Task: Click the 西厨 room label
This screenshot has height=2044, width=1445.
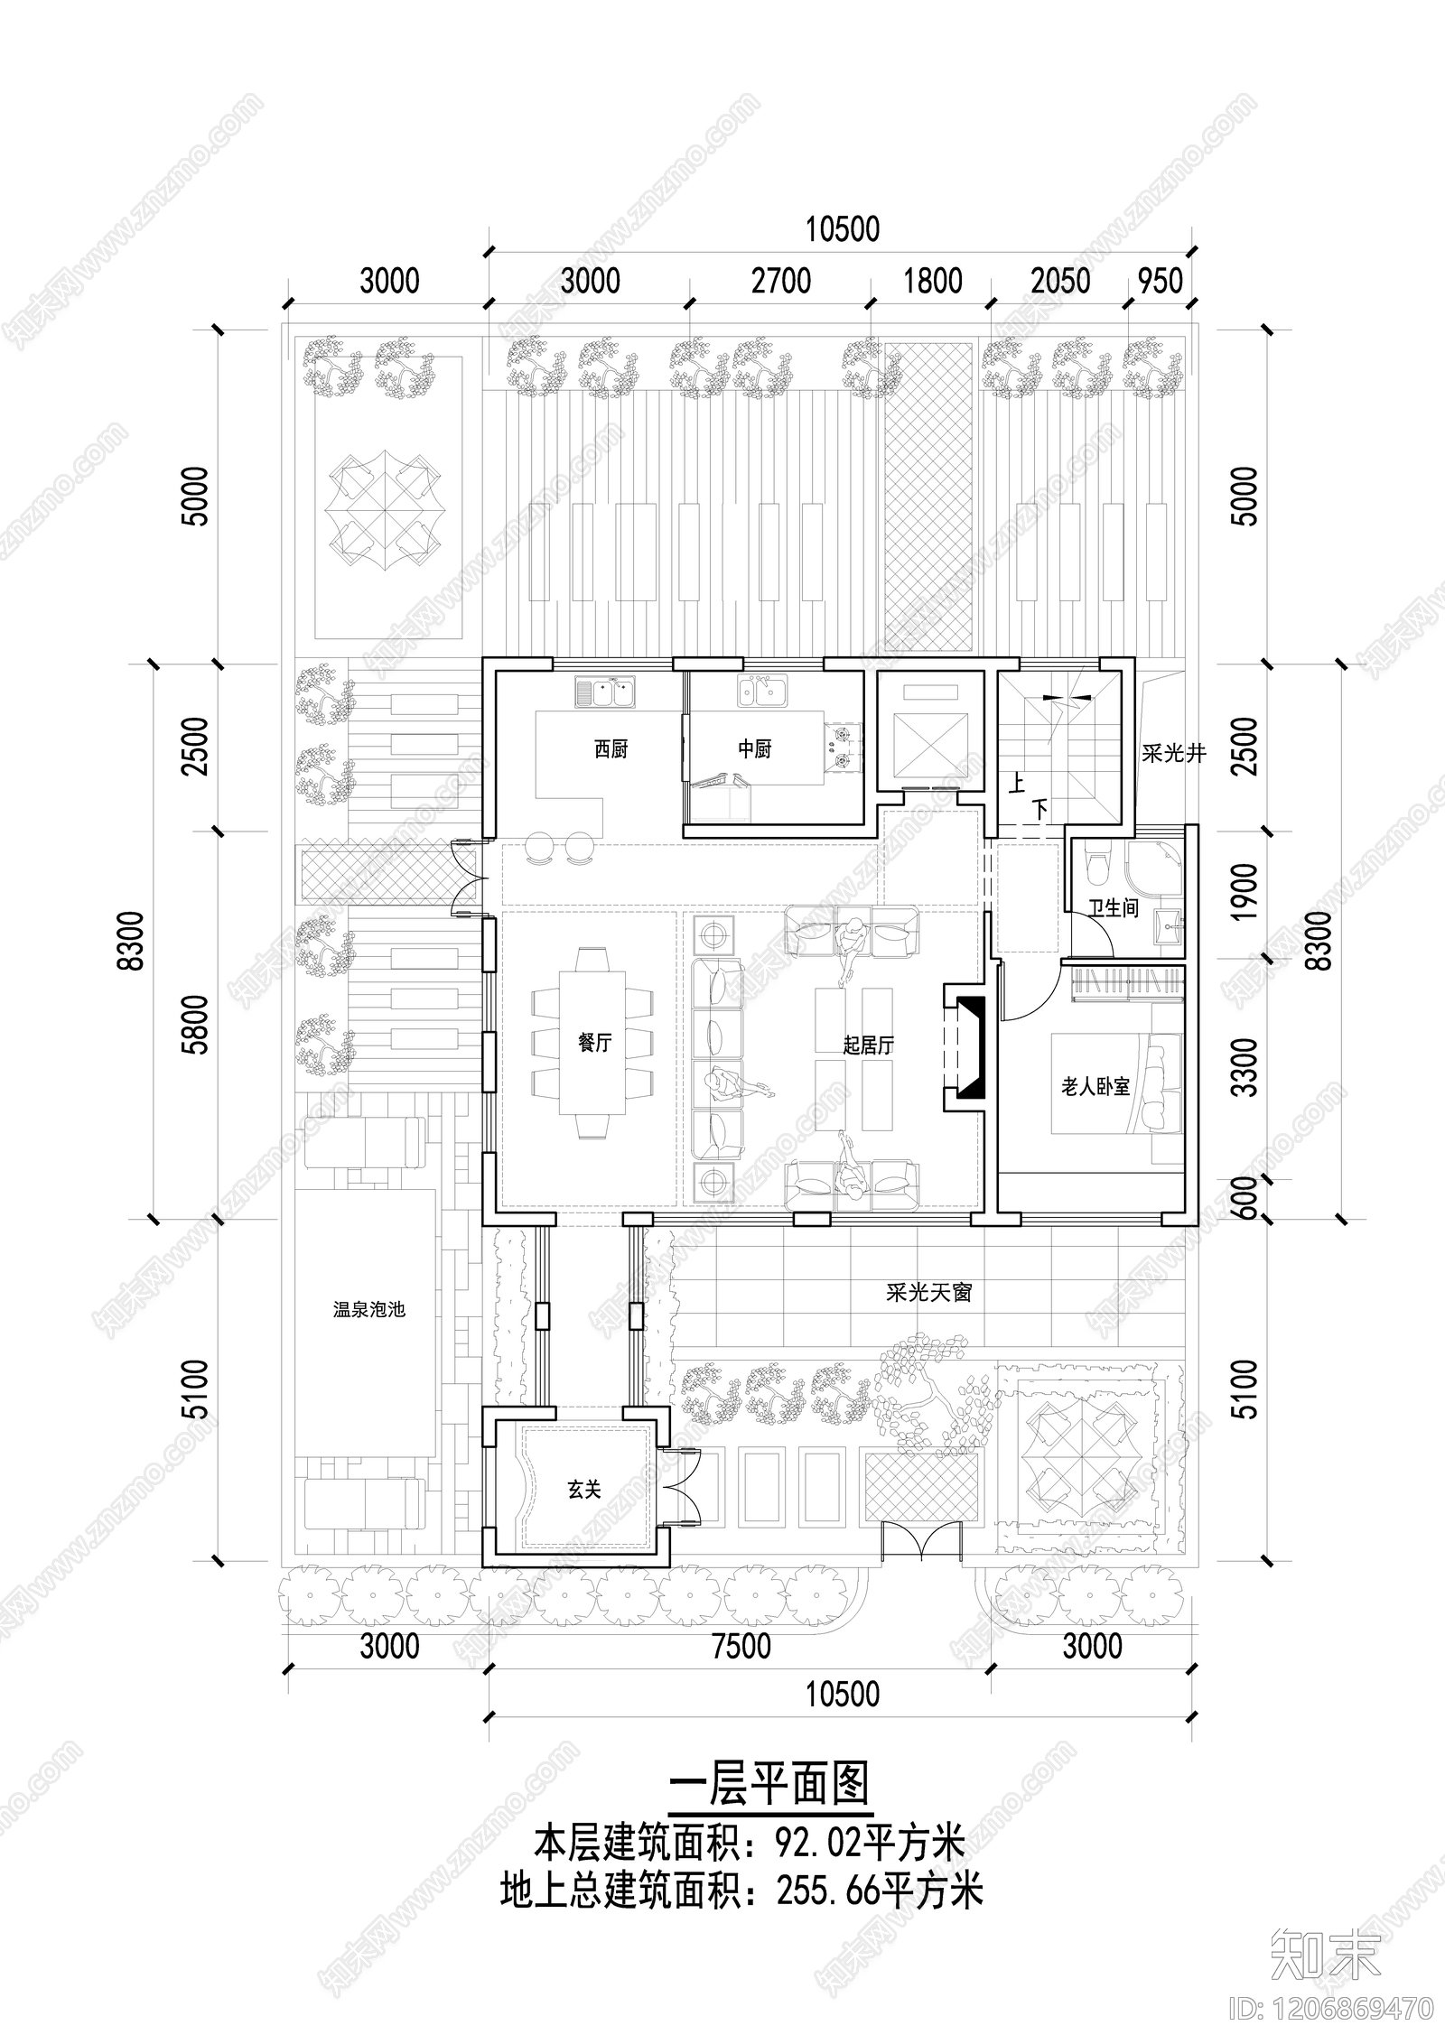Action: click(611, 749)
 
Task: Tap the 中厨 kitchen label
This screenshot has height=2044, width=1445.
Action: click(754, 749)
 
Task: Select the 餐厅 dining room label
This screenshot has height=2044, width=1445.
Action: click(594, 1043)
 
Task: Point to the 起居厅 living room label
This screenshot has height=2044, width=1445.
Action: click(868, 1045)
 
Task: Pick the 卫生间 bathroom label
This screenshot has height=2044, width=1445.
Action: click(1113, 908)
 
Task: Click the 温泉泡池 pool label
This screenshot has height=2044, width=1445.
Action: click(369, 1309)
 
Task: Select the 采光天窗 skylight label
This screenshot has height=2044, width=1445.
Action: click(928, 1293)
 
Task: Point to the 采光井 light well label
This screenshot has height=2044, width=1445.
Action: click(1173, 753)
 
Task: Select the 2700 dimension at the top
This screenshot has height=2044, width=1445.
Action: click(781, 281)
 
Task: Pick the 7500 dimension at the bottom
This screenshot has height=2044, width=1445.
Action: click(741, 1645)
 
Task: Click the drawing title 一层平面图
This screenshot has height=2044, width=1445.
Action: click(769, 1784)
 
